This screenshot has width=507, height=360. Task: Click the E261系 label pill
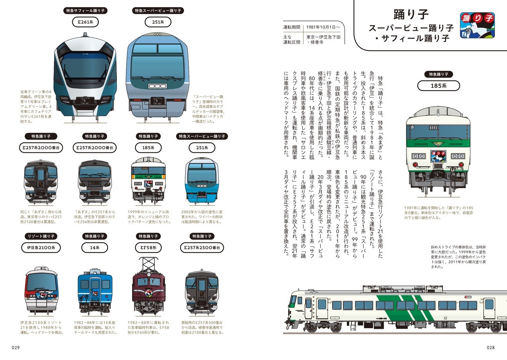(85, 22)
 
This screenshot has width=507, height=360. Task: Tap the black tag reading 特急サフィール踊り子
(85, 10)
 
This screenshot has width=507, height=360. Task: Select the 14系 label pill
(94, 248)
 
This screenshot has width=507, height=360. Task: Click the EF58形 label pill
(148, 248)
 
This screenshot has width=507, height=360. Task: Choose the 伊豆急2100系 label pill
(41, 248)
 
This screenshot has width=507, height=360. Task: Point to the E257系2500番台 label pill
(202, 248)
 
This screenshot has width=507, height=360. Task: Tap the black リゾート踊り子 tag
(41, 236)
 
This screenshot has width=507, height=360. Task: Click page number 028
(490, 347)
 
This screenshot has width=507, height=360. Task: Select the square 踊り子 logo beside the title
(477, 25)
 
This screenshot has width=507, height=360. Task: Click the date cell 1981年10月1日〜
(323, 27)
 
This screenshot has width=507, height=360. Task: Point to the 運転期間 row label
(292, 27)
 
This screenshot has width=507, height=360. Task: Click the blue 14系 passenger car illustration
(94, 291)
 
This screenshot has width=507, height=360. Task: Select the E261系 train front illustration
(85, 78)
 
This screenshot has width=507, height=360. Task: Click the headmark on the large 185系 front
(438, 156)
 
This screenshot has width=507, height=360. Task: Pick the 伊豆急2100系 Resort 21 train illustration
(41, 291)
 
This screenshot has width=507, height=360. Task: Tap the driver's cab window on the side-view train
(293, 300)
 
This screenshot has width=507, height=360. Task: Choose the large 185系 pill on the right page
(438, 86)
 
